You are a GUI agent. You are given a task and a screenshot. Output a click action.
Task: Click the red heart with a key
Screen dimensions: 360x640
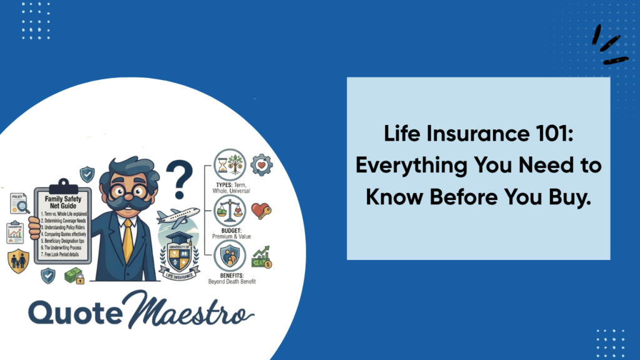click(260, 211)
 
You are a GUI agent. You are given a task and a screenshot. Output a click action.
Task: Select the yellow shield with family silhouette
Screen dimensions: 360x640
click(18, 261)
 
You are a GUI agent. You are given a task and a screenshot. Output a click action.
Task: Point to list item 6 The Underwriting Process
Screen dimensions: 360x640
click(64, 249)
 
